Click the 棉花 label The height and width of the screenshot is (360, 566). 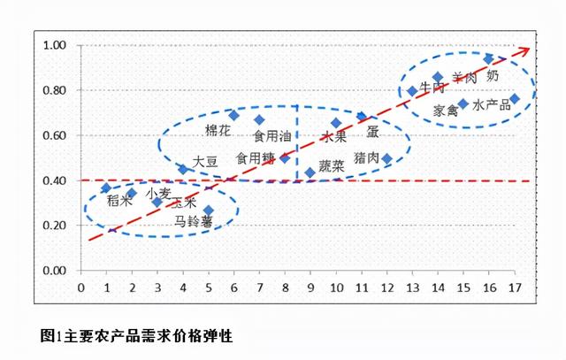tap(218, 130)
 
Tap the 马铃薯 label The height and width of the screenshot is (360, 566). tap(194, 221)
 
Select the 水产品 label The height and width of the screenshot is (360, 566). tap(492, 105)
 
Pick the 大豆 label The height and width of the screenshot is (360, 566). tap(205, 162)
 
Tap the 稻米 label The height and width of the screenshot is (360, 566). tap(119, 201)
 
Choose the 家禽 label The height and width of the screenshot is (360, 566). tap(446, 111)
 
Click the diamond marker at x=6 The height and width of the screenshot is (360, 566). tap(234, 115)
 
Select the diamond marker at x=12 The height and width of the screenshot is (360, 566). tap(386, 158)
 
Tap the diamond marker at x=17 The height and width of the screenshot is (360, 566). tap(515, 98)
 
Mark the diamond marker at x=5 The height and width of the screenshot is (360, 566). tap(209, 211)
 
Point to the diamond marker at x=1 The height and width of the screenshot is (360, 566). tap(106, 188)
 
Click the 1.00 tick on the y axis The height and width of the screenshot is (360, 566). tap(56, 45)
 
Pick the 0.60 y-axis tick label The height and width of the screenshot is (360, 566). tap(56, 135)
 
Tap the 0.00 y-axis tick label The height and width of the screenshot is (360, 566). tap(56, 271)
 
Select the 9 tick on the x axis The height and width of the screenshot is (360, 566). tap(310, 287)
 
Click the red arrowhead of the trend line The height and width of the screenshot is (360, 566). tap(524, 49)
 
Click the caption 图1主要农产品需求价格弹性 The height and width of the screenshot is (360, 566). tap(136, 336)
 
